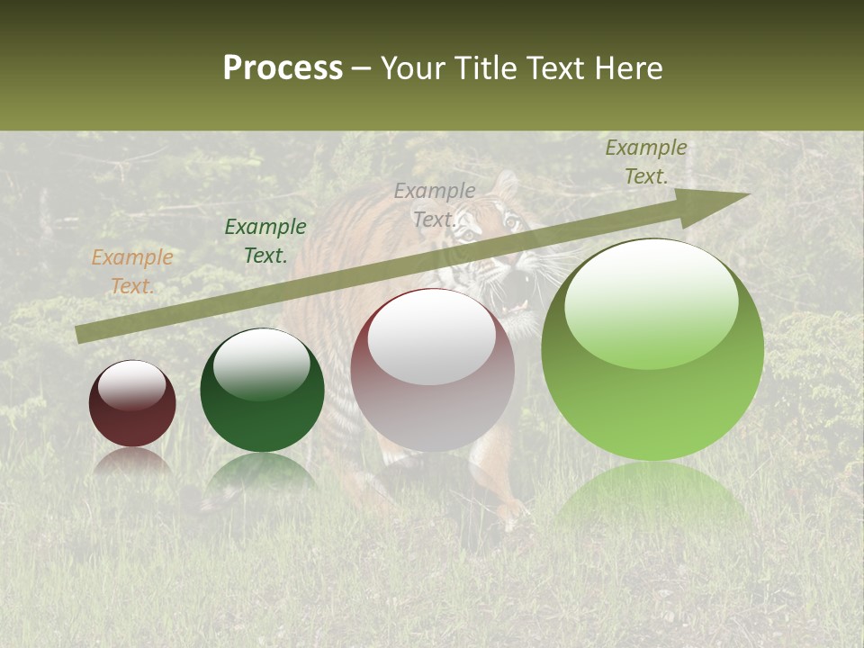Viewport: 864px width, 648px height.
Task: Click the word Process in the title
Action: [283, 68]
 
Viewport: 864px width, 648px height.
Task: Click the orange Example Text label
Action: [131, 272]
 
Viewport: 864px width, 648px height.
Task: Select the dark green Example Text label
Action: [265, 241]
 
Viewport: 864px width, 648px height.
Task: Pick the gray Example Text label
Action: [435, 205]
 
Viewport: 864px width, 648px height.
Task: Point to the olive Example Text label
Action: [645, 162]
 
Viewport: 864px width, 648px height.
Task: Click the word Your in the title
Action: [415, 68]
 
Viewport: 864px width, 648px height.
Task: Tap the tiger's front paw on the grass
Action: [513, 513]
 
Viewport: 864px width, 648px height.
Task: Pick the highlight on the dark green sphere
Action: [262, 364]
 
